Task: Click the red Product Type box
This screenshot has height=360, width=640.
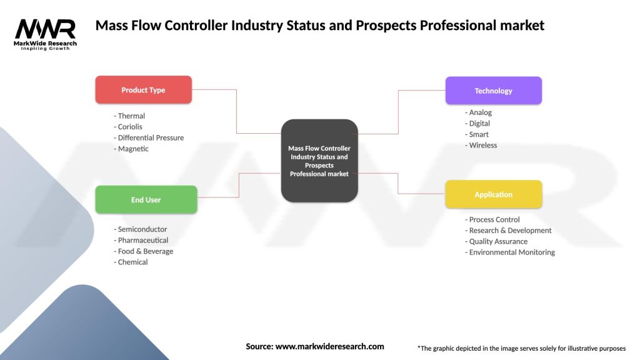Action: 143,90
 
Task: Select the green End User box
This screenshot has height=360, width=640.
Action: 146,200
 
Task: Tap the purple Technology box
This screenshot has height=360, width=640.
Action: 493,91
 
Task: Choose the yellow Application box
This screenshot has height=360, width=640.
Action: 493,194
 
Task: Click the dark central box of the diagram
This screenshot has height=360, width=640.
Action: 319,161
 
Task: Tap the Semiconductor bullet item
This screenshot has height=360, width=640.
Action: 141,229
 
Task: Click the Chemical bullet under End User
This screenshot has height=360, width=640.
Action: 131,262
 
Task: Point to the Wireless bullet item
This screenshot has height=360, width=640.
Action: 481,145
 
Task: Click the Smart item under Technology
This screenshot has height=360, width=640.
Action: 477,134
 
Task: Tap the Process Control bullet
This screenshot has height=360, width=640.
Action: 492,219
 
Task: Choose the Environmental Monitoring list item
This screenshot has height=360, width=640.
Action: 510,252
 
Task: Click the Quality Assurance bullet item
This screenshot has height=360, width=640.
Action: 496,241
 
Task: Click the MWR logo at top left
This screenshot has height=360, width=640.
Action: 46,34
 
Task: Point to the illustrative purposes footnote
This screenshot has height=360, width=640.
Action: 521,348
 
